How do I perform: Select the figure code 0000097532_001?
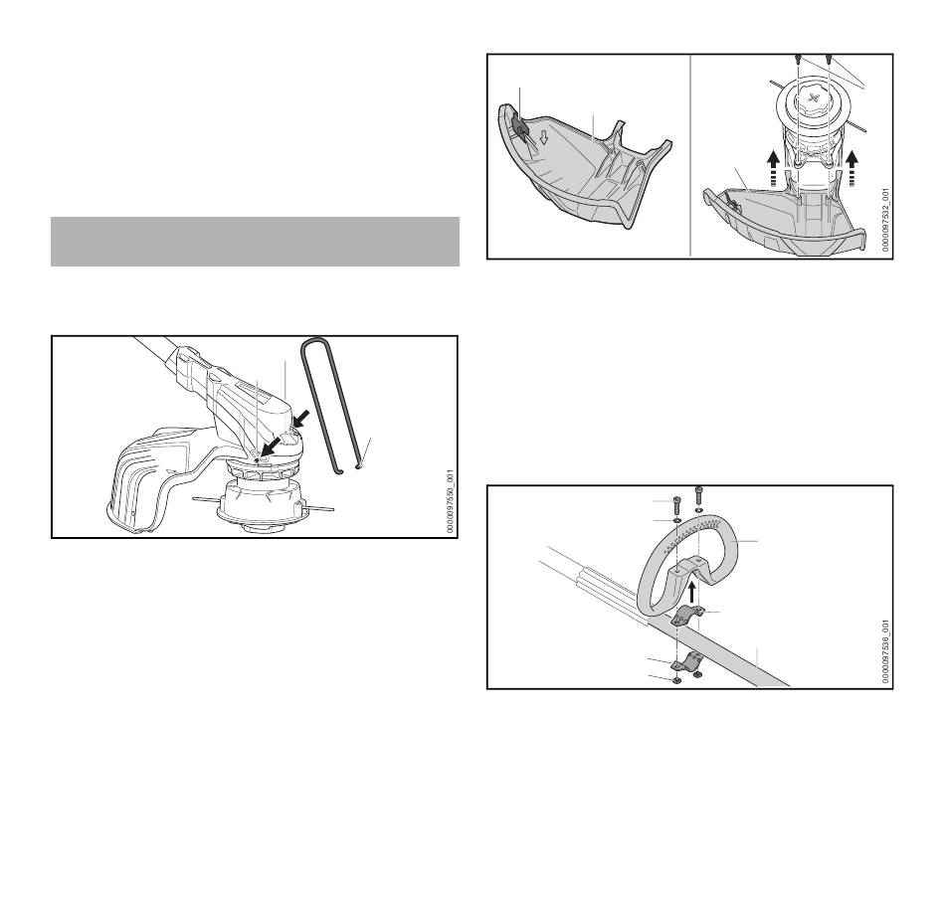885,220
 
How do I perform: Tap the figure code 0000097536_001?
885,651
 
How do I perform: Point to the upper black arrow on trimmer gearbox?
300,419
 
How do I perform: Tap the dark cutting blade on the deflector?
520,127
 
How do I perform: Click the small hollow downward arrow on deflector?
543,138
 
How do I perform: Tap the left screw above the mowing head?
798,60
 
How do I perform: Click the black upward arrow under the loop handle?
692,591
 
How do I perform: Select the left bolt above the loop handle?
676,502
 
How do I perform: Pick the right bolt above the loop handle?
699,494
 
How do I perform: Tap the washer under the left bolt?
676,520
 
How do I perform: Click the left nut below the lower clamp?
676,680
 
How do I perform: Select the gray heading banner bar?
255,242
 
